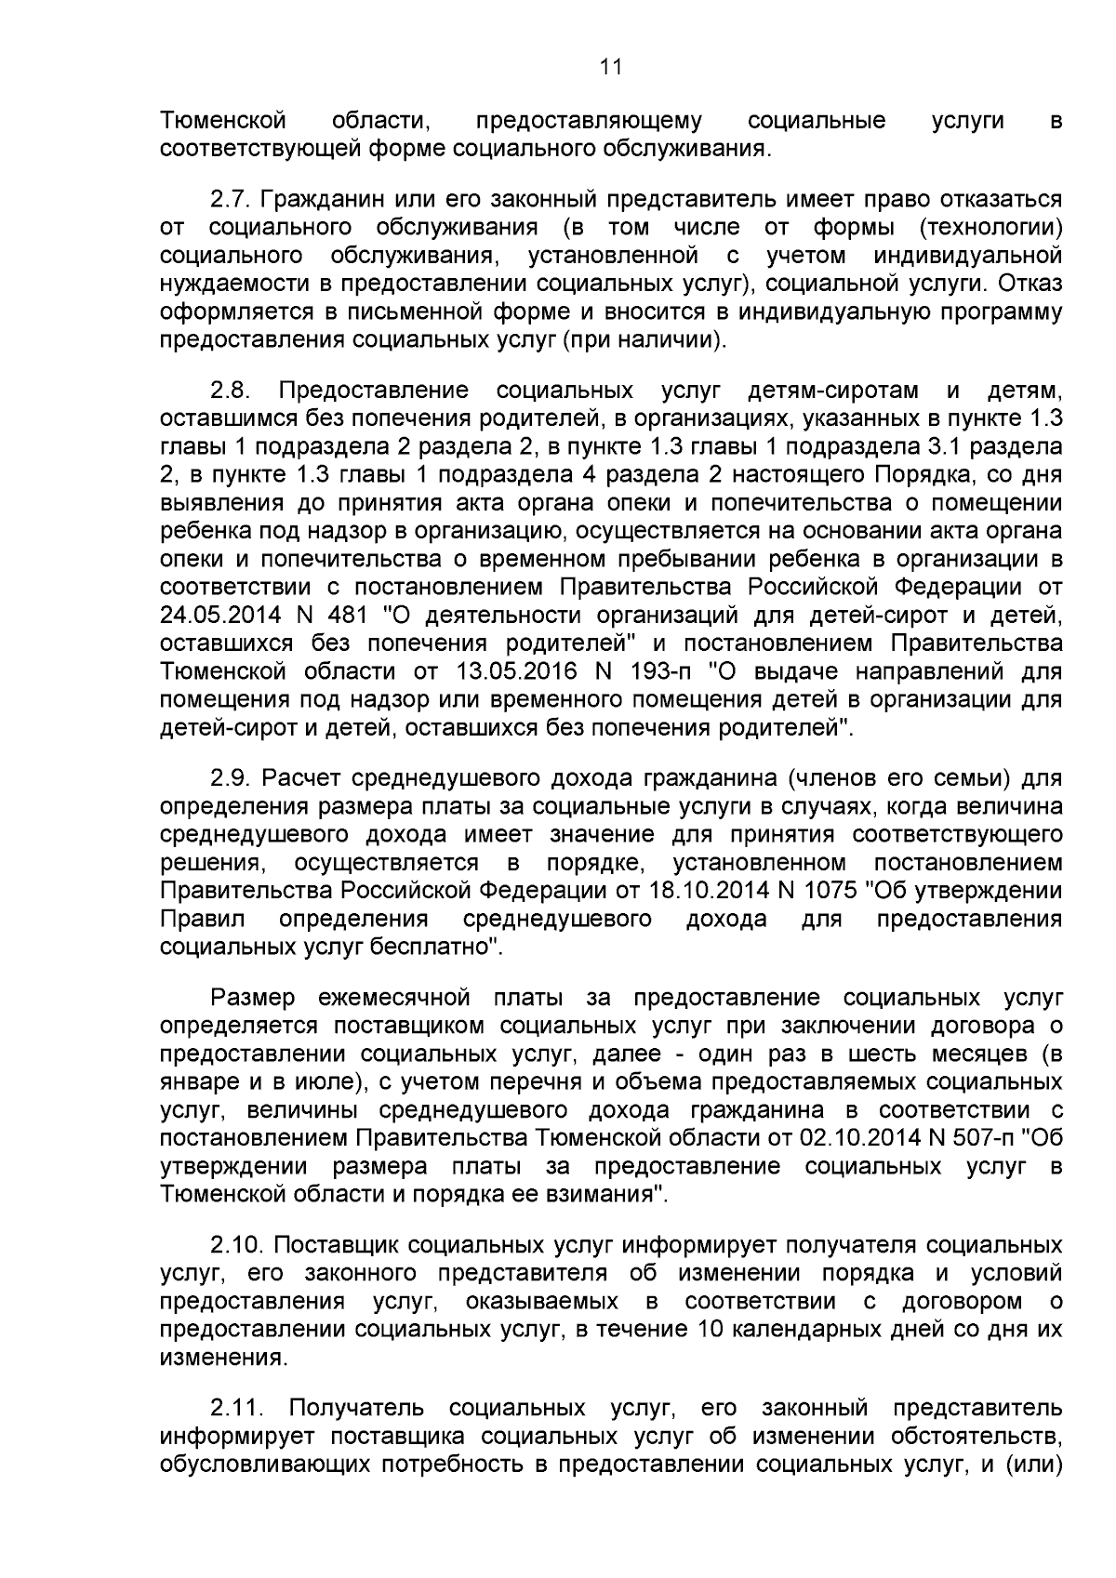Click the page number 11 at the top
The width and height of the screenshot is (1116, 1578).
click(610, 67)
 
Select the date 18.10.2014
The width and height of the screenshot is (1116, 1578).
click(706, 891)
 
